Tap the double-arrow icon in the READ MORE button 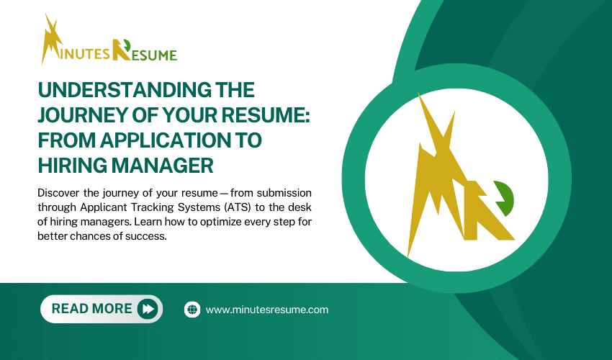[x=148, y=309]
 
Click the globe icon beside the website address [x=192, y=310]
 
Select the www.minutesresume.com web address [x=266, y=310]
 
